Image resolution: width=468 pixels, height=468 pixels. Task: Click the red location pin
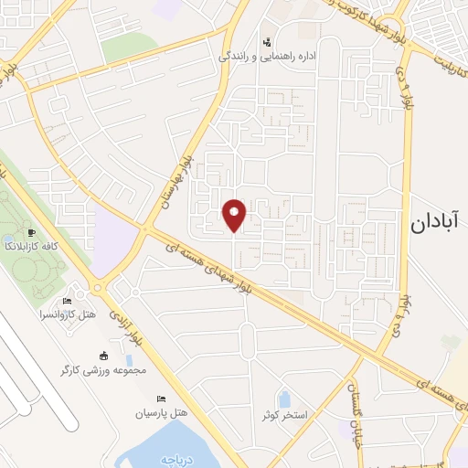[x=235, y=215]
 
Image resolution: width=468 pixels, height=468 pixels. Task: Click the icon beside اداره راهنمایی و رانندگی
[x=267, y=41]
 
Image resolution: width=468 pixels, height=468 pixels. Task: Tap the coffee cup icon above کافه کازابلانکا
[x=33, y=233]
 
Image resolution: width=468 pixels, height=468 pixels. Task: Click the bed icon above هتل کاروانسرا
[x=66, y=301]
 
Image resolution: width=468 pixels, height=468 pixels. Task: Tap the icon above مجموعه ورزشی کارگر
[x=102, y=356]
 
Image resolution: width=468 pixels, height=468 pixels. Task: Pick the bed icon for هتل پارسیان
[x=162, y=399]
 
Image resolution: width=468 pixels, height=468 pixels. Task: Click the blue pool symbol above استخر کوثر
[x=283, y=399]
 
